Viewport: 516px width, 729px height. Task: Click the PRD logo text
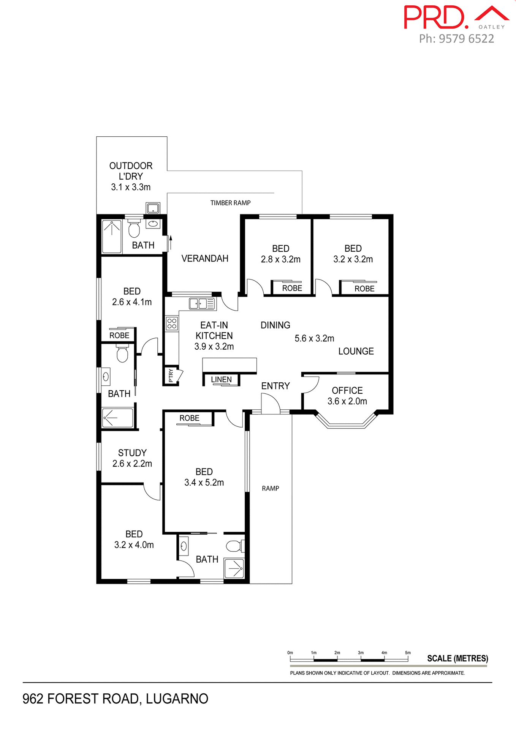435,17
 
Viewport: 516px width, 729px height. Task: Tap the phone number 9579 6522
466,39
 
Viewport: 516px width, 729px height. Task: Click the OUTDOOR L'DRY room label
131,176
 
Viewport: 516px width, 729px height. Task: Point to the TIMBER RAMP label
230,203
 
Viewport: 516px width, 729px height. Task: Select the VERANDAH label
205,259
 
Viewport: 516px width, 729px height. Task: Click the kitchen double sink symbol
202,304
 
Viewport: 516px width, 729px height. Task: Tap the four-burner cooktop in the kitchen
172,323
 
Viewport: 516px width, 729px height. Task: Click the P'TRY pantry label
171,376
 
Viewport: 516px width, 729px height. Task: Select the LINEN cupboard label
221,379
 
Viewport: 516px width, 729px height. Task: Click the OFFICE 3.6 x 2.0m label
347,396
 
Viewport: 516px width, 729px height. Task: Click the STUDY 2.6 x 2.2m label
132,458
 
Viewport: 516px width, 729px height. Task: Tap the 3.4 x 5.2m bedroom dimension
204,483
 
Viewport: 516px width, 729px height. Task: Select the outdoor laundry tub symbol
153,208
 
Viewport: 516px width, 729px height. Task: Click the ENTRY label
275,386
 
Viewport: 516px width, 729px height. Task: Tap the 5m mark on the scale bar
408,653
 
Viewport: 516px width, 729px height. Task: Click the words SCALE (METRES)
457,658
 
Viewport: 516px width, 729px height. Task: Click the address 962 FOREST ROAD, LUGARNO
116,699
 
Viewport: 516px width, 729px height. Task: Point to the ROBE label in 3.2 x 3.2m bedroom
364,289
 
